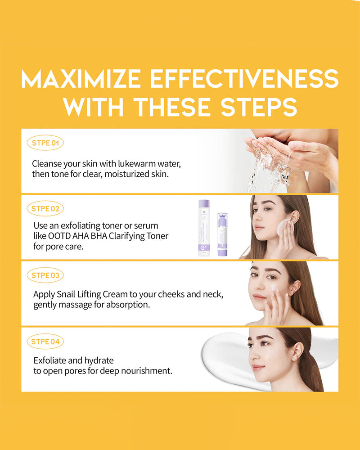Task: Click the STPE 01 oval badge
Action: [45, 143]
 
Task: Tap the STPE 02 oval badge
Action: [45, 208]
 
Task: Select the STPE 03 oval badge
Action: [45, 275]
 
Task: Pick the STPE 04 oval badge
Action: [45, 342]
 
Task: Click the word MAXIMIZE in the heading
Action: [81, 79]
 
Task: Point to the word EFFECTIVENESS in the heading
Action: [245, 79]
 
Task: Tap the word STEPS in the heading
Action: [259, 107]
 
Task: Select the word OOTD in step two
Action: [59, 236]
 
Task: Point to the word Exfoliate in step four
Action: [50, 360]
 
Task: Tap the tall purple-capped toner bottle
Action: [204, 228]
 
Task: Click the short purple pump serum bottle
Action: [222, 234]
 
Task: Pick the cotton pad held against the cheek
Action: [283, 227]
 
